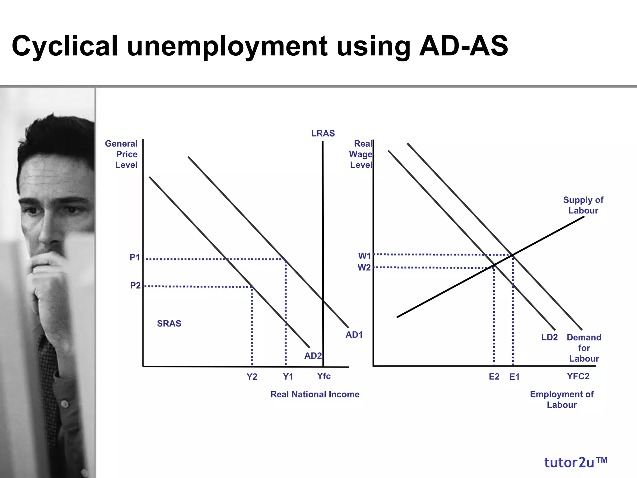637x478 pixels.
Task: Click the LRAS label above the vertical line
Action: point(323,134)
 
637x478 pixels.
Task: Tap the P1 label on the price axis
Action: point(135,258)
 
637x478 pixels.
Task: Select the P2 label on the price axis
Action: point(135,285)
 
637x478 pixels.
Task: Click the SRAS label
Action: point(169,324)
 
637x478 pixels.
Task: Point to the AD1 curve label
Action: point(354,335)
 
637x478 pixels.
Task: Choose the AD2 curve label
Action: point(313,356)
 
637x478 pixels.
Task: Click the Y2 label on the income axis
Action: point(252,377)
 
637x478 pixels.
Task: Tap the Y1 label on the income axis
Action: point(288,377)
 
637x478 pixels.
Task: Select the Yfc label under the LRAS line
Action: point(323,376)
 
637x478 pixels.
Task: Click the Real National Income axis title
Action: point(315,394)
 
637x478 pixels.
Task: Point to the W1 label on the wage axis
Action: point(364,256)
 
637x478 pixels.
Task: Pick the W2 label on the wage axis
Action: point(364,268)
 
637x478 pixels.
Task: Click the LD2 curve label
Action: point(549,337)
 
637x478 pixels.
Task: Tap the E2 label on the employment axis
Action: point(494,377)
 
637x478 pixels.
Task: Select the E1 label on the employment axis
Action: point(514,377)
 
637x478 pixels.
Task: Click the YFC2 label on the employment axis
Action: point(578,377)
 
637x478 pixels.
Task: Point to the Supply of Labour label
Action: point(583,205)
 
